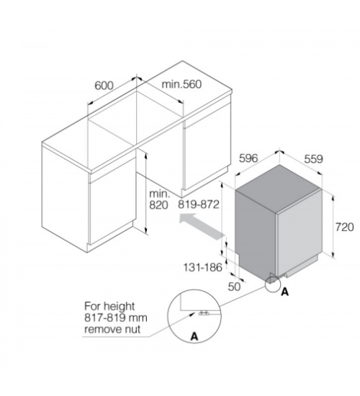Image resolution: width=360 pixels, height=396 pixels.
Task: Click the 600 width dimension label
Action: pos(104,86)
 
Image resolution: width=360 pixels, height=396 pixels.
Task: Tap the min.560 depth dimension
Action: pos(181,84)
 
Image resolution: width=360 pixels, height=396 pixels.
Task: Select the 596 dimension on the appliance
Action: pos(248,158)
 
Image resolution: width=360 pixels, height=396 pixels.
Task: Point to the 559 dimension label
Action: pos(313,159)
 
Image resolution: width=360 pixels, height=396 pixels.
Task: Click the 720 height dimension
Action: pos(345,227)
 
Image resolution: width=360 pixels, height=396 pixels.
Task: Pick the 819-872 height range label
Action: pos(199,204)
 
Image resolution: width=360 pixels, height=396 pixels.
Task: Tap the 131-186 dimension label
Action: pos(202,267)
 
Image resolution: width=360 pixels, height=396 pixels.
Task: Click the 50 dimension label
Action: pos(234,287)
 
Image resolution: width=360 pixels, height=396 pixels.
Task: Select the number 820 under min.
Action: pos(158,205)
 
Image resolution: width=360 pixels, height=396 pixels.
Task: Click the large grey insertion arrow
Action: pos(202,226)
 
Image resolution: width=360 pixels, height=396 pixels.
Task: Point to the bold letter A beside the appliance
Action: pos(284,292)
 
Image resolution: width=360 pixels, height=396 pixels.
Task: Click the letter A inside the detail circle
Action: pos(194,336)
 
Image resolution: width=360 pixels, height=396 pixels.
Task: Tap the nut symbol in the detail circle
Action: pos(204,313)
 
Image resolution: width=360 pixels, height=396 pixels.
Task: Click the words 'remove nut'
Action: pos(112,329)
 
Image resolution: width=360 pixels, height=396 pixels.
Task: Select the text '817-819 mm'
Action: pos(116,318)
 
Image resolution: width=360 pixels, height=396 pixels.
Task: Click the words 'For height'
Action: pos(109,306)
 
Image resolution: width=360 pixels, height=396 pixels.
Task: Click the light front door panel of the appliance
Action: pos(300,233)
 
